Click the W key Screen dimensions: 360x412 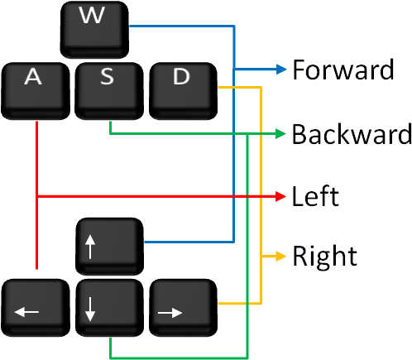tap(93, 28)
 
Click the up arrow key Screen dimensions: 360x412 tap(108, 245)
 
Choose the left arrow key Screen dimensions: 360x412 tap(34, 307)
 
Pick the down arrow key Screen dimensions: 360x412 tap(108, 307)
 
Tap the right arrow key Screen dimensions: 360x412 tap(181, 307)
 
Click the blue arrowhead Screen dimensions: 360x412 tap(281, 69)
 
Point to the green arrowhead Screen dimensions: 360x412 tap(281, 133)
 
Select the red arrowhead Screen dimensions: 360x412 tap(281, 196)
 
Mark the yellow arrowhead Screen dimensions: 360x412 tap(281, 257)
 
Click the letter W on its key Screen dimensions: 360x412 tap(92, 16)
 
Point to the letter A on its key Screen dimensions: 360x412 tap(33, 77)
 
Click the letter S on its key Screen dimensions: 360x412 tap(107, 77)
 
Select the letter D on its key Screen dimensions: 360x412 tap(181, 77)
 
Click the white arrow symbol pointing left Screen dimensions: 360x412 tap(26, 312)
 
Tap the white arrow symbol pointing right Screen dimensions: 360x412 tap(170, 312)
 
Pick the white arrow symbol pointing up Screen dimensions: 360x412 tap(90, 246)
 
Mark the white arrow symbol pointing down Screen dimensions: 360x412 tap(90, 309)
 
